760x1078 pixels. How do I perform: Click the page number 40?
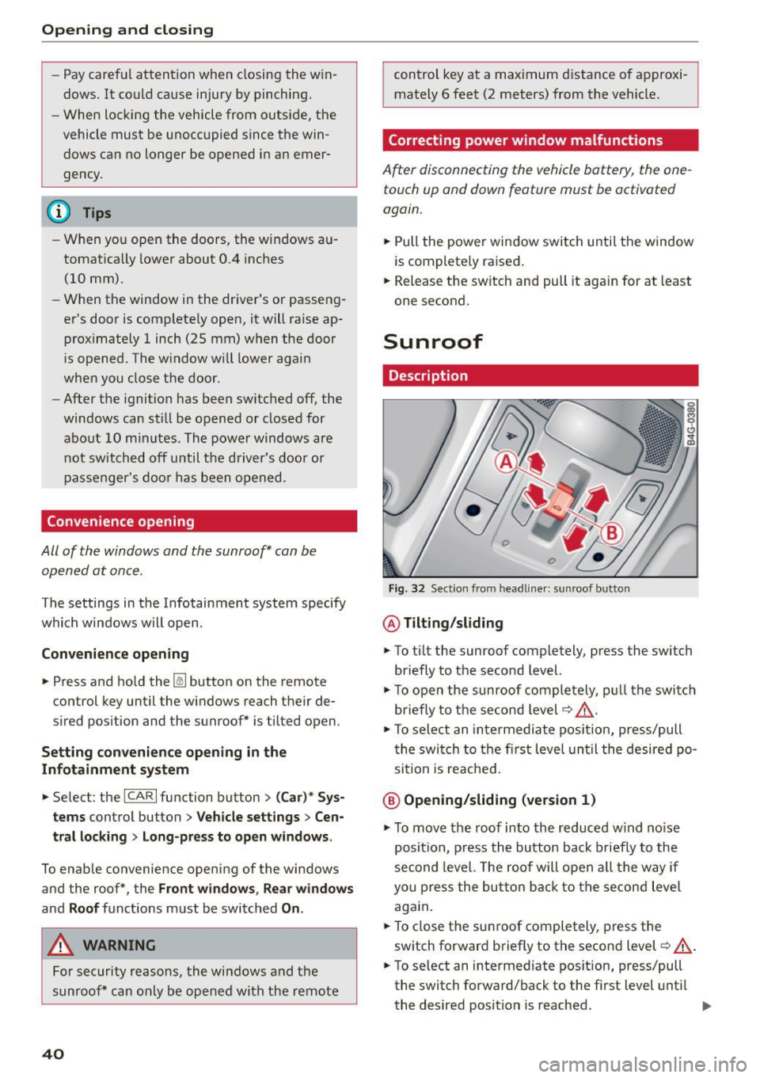click(53, 1053)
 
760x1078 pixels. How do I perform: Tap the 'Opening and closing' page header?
click(127, 30)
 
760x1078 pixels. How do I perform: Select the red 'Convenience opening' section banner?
click(199, 521)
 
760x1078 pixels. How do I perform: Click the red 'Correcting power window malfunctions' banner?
click(540, 140)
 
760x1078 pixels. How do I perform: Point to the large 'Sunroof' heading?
click(433, 341)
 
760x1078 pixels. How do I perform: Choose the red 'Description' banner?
click(540, 375)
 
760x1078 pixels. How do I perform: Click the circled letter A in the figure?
click(505, 462)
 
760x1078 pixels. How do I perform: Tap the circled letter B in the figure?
click(611, 532)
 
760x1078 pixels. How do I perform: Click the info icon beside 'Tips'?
click(59, 212)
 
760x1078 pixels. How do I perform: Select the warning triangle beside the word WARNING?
click(60, 945)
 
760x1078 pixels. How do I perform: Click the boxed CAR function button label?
click(140, 797)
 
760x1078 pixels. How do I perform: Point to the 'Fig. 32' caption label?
click(406, 589)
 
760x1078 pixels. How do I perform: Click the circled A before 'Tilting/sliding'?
click(391, 623)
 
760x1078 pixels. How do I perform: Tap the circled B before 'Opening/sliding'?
click(391, 800)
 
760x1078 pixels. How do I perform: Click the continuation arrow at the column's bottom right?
click(706, 1007)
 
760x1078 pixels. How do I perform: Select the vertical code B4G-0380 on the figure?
click(690, 423)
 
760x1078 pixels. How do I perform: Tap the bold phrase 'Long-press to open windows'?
click(236, 836)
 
